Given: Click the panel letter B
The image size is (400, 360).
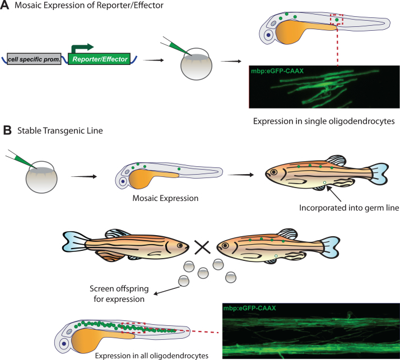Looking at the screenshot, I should pyautogui.click(x=7, y=130).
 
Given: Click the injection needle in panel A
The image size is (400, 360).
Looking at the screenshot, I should pyautogui.click(x=170, y=46).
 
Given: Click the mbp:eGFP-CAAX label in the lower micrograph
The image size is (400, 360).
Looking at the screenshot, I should pyautogui.click(x=249, y=308).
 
